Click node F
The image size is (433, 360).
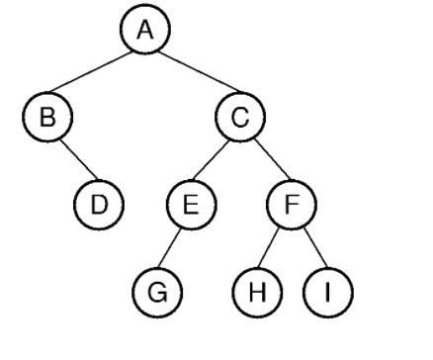point(292,206)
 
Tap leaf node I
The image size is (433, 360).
point(326,294)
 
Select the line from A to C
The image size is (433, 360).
point(194,76)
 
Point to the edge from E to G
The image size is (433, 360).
point(171,249)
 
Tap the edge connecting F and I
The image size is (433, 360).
point(308,249)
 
